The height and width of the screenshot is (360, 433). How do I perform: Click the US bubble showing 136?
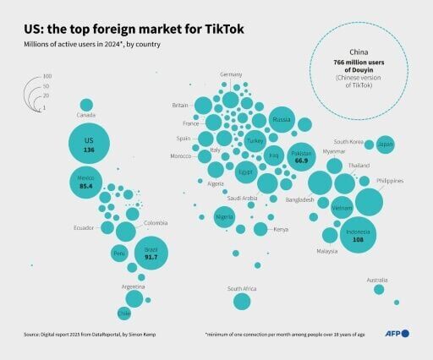click(89, 145)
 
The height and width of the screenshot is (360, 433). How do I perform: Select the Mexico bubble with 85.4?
click(86, 185)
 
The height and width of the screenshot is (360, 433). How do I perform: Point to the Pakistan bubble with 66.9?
click(300, 156)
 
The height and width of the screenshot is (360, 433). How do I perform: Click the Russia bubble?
click(282, 119)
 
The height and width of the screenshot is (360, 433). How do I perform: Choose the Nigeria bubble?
click(224, 217)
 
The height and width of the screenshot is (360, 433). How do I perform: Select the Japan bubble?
click(385, 145)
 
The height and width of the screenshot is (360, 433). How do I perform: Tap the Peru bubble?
click(118, 254)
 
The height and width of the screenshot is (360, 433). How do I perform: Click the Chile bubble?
click(124, 314)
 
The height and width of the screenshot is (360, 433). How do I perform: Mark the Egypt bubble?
click(245, 172)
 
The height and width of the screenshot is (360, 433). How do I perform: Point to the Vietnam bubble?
click(342, 207)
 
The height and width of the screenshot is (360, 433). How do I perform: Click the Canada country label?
click(86, 113)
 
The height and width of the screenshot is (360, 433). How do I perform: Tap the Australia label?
click(377, 280)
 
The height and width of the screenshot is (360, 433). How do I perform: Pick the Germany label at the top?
click(231, 75)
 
